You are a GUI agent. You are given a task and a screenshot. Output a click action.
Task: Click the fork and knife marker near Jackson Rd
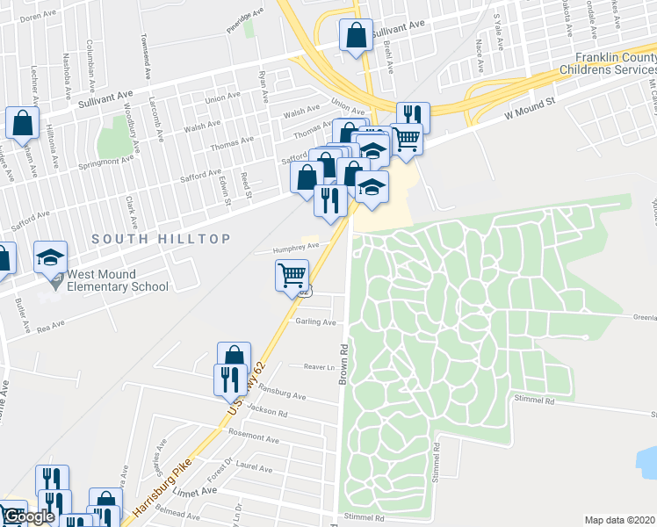(x=227, y=379)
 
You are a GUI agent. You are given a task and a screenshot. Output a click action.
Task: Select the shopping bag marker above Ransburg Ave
(x=234, y=356)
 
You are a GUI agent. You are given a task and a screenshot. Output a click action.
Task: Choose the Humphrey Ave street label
(x=293, y=248)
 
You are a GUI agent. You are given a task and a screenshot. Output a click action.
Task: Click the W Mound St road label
(x=531, y=108)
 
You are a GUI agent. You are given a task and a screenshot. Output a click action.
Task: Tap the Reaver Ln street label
(x=320, y=367)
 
